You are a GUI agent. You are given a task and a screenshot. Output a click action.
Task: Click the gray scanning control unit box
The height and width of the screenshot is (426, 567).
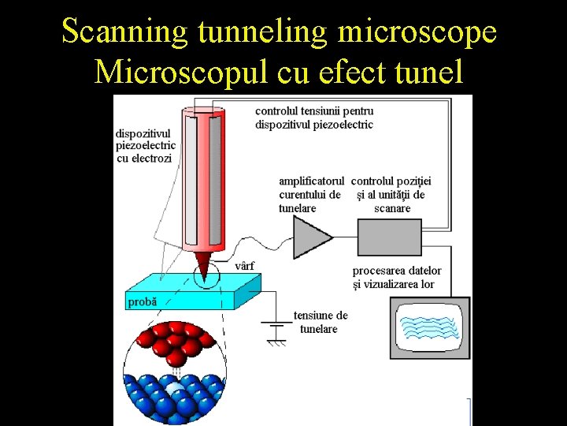(389, 235)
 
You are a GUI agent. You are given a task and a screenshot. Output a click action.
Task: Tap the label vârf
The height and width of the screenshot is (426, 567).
(245, 265)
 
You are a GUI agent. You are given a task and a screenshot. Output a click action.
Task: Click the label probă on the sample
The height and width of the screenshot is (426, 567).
(142, 301)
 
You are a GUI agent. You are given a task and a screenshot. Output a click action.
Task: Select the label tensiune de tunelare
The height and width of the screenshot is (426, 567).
(320, 322)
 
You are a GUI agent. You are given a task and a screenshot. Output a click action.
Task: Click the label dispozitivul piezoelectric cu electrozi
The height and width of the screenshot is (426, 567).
(145, 146)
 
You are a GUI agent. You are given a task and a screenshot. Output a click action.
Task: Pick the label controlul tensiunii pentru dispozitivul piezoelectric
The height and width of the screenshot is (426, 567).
(314, 118)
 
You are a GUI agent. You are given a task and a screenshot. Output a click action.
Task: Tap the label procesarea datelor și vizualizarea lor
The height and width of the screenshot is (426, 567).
(397, 277)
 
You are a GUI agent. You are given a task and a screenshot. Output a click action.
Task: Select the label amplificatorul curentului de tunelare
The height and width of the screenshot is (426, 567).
(310, 194)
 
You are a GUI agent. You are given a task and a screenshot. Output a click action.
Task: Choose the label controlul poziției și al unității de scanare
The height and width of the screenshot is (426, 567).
(391, 194)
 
